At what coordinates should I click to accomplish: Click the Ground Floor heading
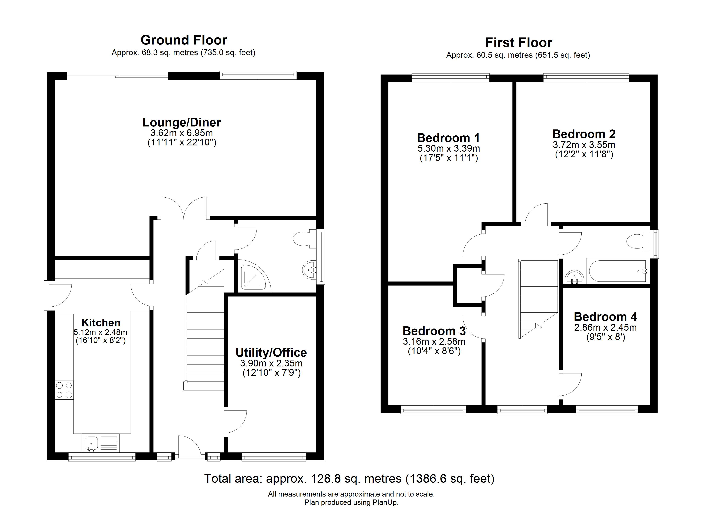click(184, 40)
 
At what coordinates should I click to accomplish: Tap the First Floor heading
click(519, 42)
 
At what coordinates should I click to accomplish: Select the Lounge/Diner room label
click(182, 122)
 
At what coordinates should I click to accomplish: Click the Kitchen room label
click(101, 323)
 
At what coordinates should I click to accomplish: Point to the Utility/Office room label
click(271, 353)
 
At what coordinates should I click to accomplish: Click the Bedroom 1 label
click(448, 138)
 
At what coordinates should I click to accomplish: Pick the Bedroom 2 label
click(584, 134)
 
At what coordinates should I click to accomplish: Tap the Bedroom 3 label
click(434, 331)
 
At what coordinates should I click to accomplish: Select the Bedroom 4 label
click(605, 317)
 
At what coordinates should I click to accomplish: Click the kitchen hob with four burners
click(64, 390)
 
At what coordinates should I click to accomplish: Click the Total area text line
click(349, 479)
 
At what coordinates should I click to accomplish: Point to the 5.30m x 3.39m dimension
click(448, 148)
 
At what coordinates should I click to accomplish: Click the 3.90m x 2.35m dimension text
click(271, 363)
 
